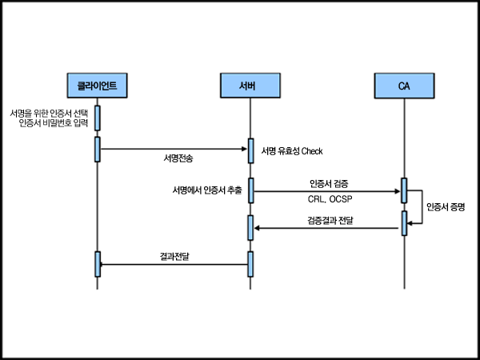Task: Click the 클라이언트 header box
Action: coord(98,84)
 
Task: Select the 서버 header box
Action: coord(250,84)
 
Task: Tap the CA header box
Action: coord(404,84)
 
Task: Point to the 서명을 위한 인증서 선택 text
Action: coord(50,113)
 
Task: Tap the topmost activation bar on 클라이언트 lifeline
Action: coord(98,118)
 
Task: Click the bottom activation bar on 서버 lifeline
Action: coord(250,264)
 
